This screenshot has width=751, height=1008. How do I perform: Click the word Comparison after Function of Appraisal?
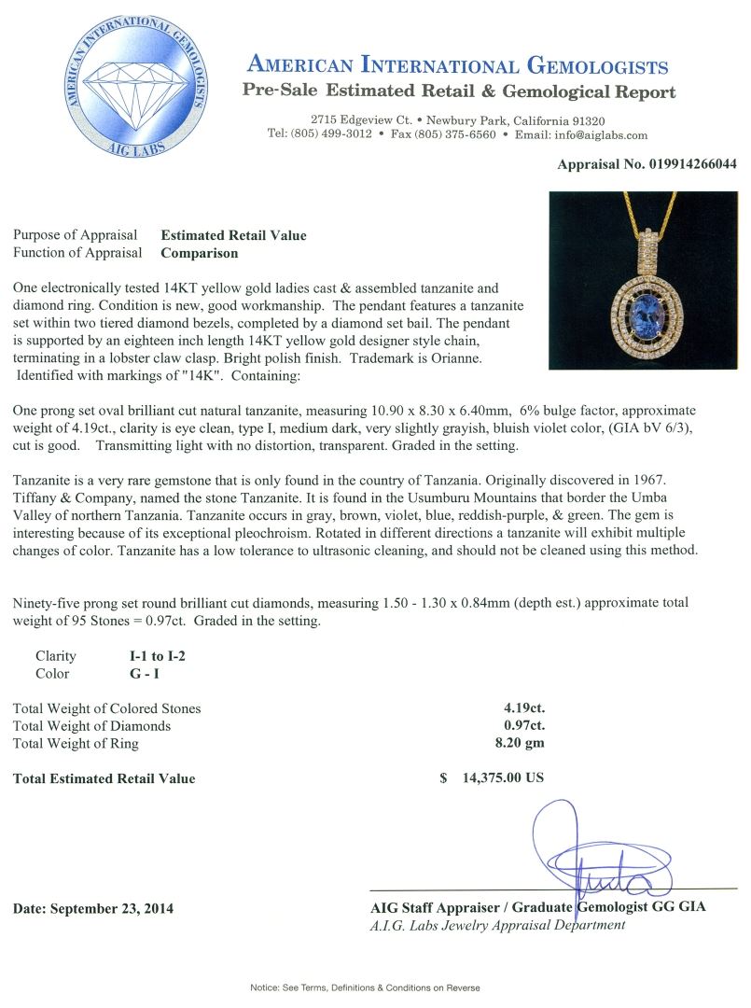pos(200,252)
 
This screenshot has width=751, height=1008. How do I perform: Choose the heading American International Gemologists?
pos(457,65)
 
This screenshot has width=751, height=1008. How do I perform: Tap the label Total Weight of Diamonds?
pos(91,726)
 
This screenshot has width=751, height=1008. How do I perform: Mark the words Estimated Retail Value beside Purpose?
pos(234,235)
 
